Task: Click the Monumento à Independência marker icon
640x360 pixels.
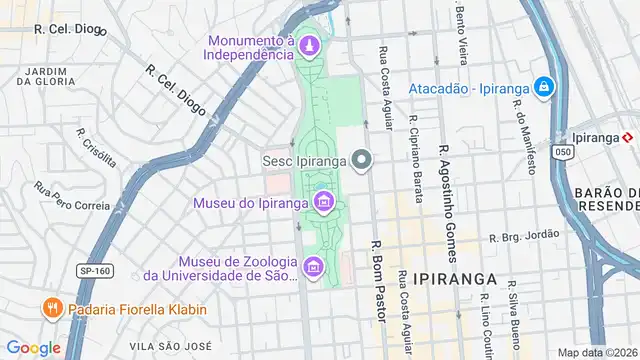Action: tap(309, 45)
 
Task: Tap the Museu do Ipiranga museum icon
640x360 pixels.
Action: tap(323, 204)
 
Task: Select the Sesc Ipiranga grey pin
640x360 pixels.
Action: tap(361, 159)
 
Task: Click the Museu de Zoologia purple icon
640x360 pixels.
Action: tap(314, 266)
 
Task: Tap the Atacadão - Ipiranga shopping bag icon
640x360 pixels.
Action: tap(543, 88)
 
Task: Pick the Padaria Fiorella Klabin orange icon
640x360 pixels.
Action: tap(52, 309)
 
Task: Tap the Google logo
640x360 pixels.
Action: tap(33, 348)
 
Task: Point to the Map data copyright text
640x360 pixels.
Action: tap(597, 352)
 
